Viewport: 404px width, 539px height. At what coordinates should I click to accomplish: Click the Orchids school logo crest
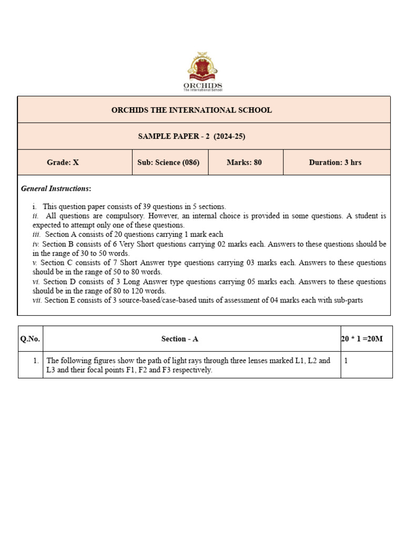tap(203, 67)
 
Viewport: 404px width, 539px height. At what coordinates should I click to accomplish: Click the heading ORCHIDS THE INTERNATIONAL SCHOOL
tap(191, 110)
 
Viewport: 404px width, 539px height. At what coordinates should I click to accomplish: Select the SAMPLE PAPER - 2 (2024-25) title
tap(191, 136)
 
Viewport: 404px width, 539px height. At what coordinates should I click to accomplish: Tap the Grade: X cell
tap(63, 163)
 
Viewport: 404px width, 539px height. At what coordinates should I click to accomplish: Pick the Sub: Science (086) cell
tap(168, 163)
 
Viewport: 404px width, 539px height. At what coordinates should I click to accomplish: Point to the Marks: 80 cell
tap(244, 163)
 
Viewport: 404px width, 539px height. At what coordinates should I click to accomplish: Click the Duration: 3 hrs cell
tap(335, 163)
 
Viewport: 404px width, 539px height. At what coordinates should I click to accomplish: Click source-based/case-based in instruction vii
tap(173, 300)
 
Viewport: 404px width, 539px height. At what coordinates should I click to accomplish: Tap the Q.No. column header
tap(30, 339)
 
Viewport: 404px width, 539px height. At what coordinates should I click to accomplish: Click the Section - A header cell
tap(179, 339)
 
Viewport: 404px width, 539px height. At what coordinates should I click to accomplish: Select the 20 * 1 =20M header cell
tap(362, 339)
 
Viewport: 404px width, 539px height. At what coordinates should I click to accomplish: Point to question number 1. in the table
tap(35, 361)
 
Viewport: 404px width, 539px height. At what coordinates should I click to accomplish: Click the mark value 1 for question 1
tap(346, 361)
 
